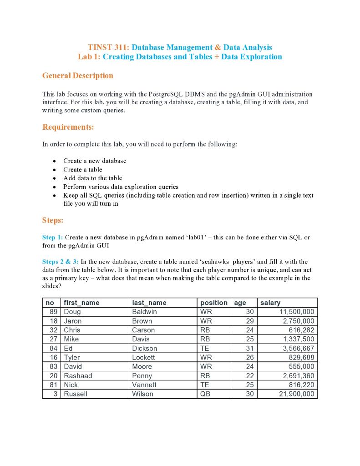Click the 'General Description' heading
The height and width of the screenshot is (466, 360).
[x=77, y=76]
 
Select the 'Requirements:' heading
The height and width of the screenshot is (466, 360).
[x=68, y=127]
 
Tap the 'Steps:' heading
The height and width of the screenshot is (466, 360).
[x=53, y=220]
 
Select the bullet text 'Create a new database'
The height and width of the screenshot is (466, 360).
[x=95, y=161]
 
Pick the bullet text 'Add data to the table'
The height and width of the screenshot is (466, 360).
[x=92, y=178]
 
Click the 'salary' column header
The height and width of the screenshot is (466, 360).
[x=270, y=303]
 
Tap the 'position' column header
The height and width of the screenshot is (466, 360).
[x=213, y=303]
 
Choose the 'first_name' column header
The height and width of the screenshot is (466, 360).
[x=81, y=303]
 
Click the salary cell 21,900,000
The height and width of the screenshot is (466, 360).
[x=296, y=394]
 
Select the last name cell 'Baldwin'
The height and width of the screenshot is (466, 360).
[x=144, y=312]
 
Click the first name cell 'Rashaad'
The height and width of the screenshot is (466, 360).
[x=78, y=376]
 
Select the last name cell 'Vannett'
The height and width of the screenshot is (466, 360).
[x=144, y=385]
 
